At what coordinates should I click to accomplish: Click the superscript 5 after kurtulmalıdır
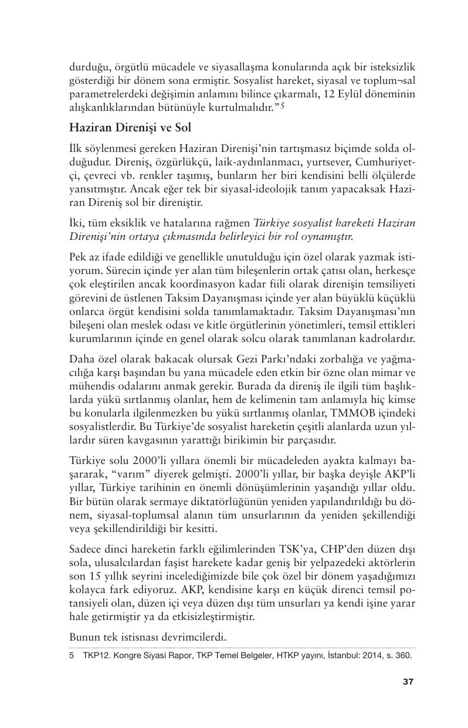coord(282,106)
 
